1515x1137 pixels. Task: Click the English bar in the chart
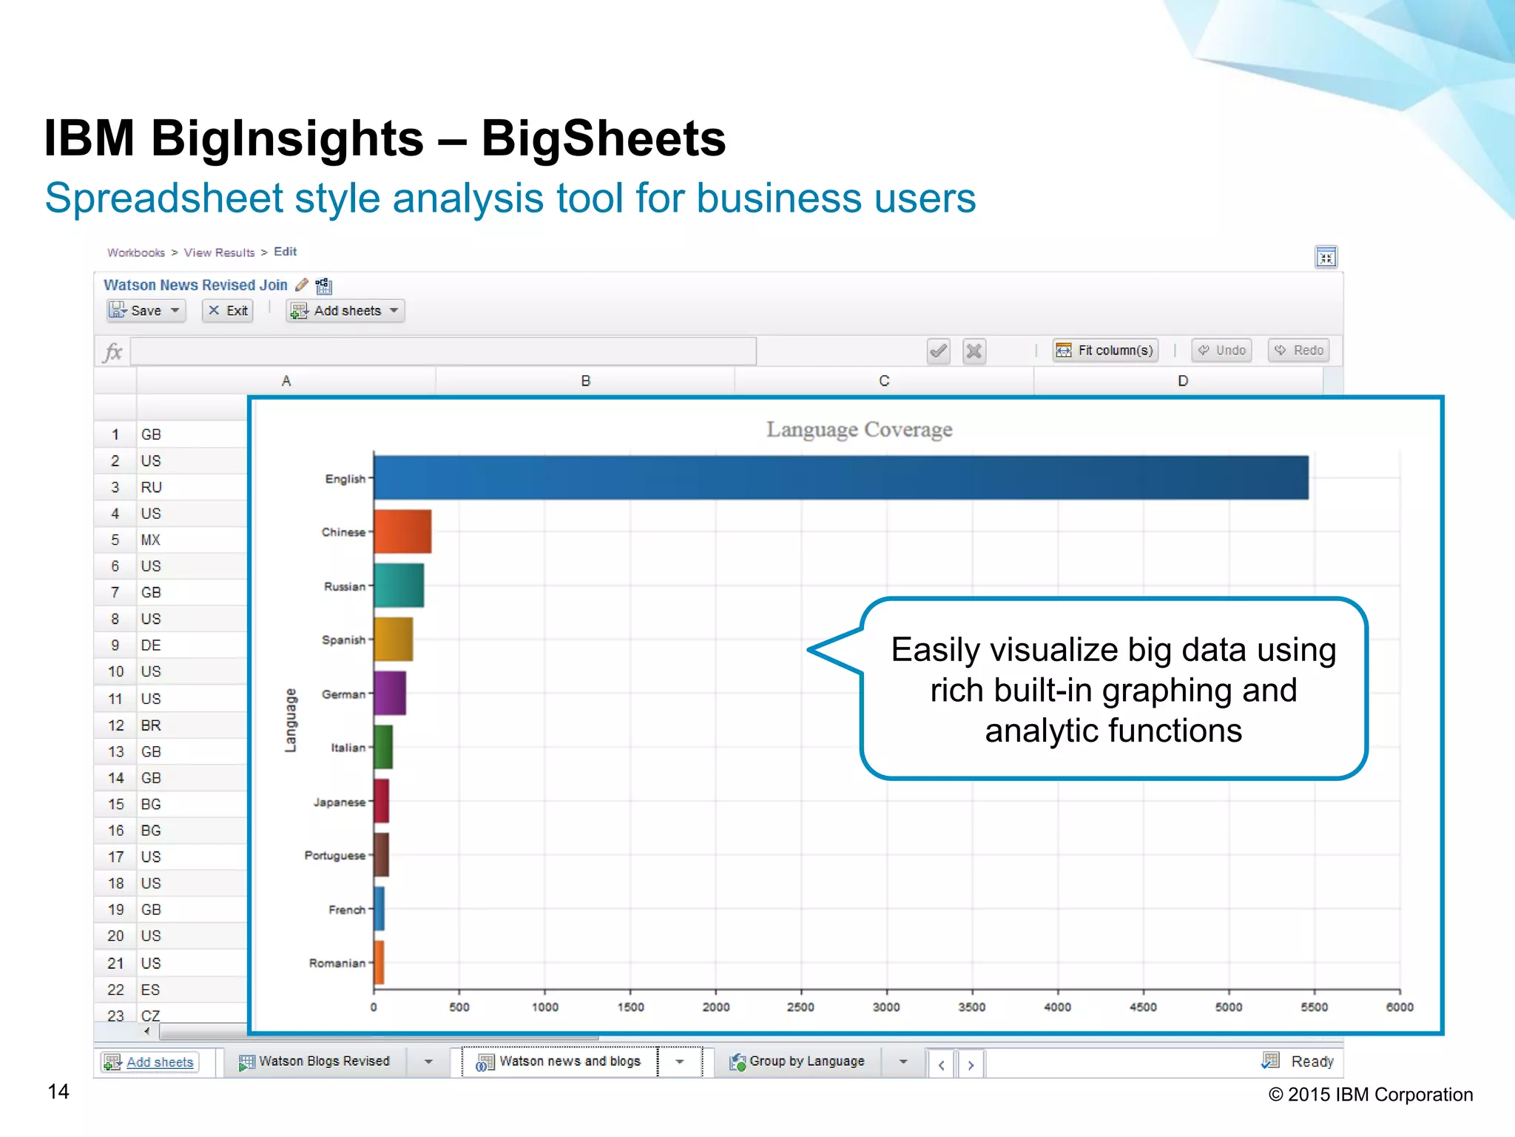point(840,477)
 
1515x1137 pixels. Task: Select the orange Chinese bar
point(402,531)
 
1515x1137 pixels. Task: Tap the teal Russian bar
point(399,586)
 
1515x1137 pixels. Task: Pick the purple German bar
point(390,694)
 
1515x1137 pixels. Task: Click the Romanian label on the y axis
point(337,963)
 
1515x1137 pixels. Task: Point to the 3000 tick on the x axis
point(886,1007)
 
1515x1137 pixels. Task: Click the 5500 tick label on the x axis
point(1314,1007)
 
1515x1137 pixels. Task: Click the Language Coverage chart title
point(859,429)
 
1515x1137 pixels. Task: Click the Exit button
point(228,311)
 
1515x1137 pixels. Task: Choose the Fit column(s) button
point(1105,350)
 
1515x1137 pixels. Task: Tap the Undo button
point(1222,350)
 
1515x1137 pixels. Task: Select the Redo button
point(1299,350)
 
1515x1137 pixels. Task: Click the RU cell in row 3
point(152,487)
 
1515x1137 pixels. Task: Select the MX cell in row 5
point(151,540)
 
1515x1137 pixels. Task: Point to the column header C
point(884,381)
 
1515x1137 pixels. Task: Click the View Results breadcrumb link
point(219,252)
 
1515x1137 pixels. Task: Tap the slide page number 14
point(58,1092)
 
